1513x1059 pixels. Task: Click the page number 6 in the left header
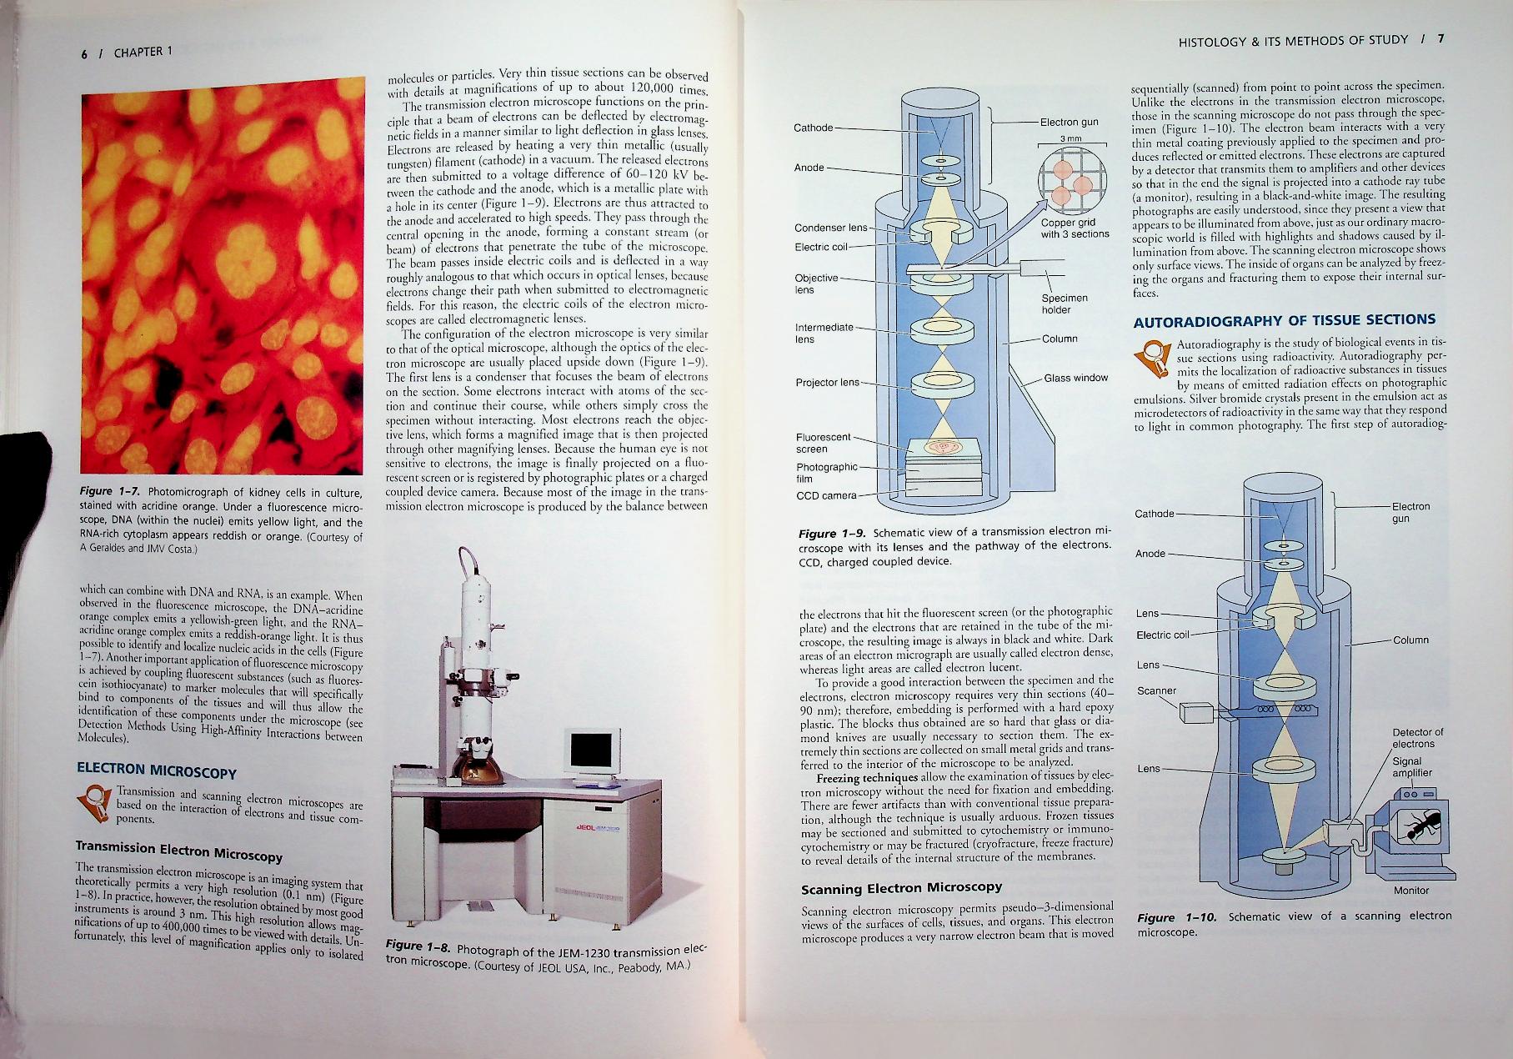pos(84,53)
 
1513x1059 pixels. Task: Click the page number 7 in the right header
pos(1440,39)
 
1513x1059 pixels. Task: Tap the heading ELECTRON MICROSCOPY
pos(156,770)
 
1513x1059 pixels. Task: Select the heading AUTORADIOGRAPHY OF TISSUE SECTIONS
pos(1284,320)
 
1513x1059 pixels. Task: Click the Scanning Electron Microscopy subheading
pos(901,888)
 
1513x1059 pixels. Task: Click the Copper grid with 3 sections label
pos(1074,228)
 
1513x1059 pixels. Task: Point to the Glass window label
pos(1075,378)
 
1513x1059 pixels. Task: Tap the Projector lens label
pos(827,383)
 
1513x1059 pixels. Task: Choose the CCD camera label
pos(826,496)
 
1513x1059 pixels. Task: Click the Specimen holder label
pos(1064,304)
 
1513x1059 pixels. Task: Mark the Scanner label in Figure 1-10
pos(1156,691)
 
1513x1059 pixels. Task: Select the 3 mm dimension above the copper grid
pos(1070,138)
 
